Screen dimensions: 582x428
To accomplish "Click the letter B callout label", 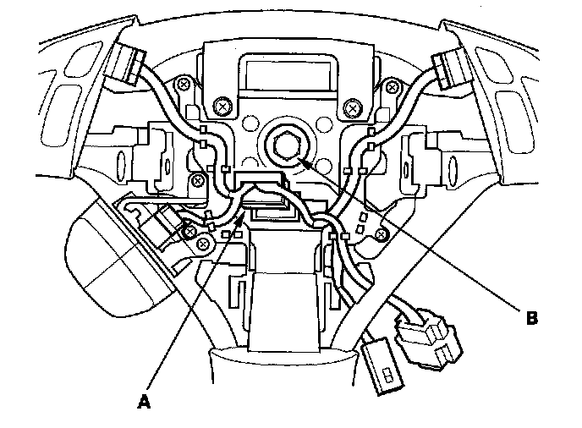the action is [532, 319].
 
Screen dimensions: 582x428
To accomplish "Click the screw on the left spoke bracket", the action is [198, 179].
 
